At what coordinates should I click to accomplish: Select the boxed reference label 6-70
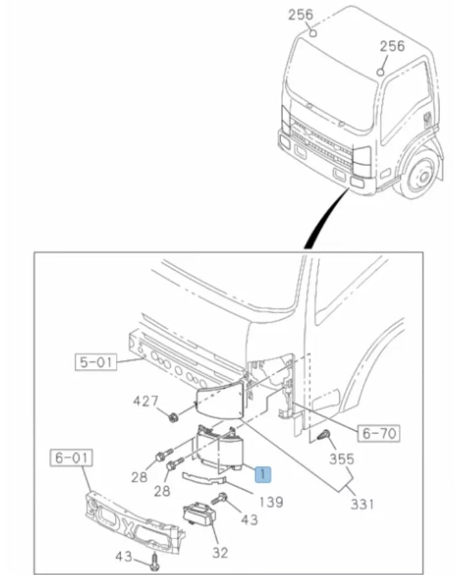(x=379, y=432)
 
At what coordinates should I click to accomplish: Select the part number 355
(x=342, y=459)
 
